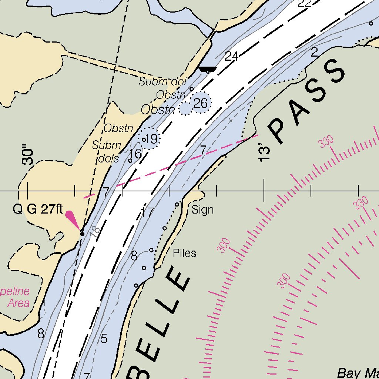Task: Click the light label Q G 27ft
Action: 38,209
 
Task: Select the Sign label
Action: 202,210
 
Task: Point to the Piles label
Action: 184,253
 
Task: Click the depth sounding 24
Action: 231,56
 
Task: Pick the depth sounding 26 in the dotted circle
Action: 200,103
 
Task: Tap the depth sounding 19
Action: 151,140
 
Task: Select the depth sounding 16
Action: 136,153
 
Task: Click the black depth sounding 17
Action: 147,212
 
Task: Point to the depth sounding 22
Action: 304,4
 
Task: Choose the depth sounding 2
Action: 314,52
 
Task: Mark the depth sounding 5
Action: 104,338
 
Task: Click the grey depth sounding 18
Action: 95,232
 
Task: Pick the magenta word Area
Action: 19,303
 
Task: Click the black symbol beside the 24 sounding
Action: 207,70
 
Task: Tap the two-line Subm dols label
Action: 107,152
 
